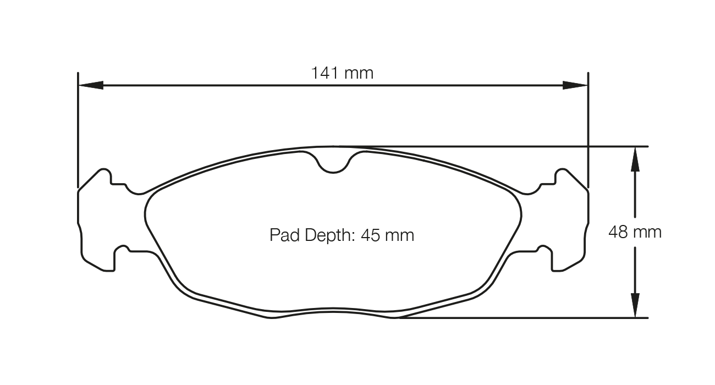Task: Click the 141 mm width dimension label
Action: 342,73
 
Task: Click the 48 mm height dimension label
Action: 635,232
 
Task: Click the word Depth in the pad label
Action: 326,235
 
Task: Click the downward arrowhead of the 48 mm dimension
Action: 635,305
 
